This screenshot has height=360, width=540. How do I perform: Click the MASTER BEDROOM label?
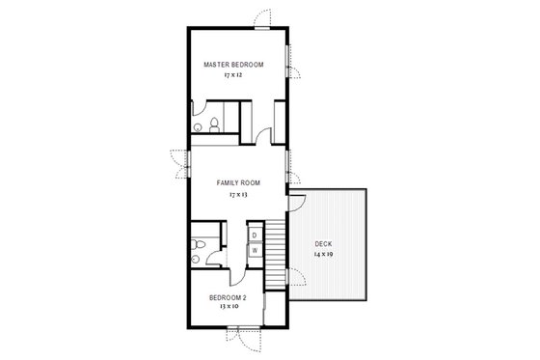tap(233, 65)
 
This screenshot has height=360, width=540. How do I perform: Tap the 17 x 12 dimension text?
tap(233, 74)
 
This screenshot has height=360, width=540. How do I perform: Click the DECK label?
tap(323, 243)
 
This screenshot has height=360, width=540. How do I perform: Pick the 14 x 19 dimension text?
tap(323, 254)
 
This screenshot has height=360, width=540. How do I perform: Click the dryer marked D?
tap(255, 235)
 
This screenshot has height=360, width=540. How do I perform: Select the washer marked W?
tap(255, 251)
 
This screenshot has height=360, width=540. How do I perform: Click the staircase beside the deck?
tap(276, 246)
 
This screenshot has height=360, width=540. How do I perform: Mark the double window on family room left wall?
tap(179, 162)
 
